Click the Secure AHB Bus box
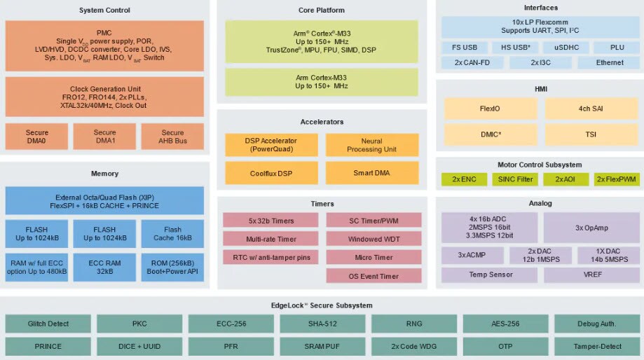(x=172, y=137)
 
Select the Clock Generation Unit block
(x=104, y=97)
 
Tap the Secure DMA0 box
(x=36, y=137)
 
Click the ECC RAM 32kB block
(x=104, y=268)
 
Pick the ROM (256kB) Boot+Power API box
(x=172, y=268)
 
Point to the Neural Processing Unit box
(x=371, y=145)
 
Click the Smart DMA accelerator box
(x=371, y=173)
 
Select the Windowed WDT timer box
(x=374, y=239)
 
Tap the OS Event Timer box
(x=374, y=276)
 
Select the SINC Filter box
(x=515, y=179)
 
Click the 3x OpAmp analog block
(x=591, y=228)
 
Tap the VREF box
(x=591, y=275)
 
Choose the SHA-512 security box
(x=322, y=324)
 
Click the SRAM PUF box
(x=322, y=346)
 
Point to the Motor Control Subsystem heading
(x=539, y=165)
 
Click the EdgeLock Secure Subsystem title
(x=322, y=305)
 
